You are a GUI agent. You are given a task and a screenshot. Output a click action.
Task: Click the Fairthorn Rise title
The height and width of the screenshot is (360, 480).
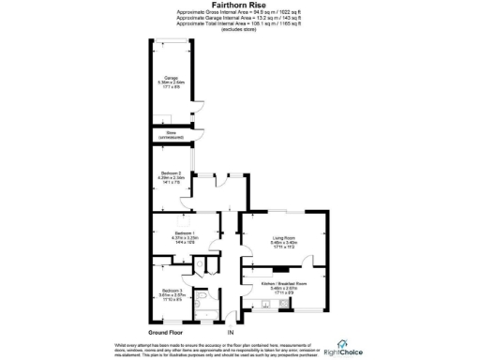pos(239,5)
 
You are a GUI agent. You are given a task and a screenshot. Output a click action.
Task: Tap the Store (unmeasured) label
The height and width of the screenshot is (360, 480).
pos(172,137)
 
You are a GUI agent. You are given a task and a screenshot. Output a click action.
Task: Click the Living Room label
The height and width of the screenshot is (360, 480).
pos(283,239)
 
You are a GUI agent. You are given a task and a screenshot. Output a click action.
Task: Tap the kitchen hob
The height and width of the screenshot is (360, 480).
pos(277,271)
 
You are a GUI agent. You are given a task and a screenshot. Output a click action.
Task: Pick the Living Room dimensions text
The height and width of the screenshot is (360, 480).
pos(283,245)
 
